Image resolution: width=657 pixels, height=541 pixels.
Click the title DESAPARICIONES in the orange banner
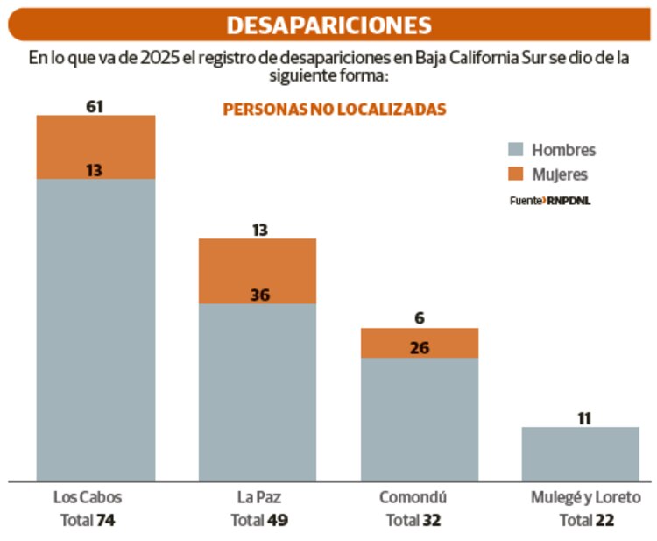pos(328,25)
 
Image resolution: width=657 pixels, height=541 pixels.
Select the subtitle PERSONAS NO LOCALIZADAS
pos(335,110)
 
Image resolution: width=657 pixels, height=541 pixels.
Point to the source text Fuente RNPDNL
pos(549,201)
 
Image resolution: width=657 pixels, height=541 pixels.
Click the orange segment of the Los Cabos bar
pos(95,147)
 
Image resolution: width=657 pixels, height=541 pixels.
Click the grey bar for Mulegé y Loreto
pos(581,453)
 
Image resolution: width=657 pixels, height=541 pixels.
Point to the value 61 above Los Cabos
pos(95,106)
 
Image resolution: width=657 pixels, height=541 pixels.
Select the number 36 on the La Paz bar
pos(259,295)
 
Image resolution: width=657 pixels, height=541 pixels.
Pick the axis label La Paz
pos(258,498)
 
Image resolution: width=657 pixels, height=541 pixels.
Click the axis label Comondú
pos(413,498)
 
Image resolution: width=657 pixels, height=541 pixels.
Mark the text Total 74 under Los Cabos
pos(88,520)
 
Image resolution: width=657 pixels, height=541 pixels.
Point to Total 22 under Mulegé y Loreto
pos(586,520)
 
